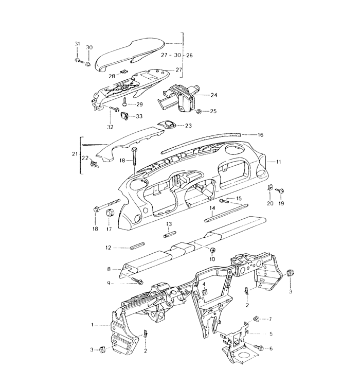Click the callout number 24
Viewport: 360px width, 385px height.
[x=214, y=95]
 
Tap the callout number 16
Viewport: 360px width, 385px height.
[x=260, y=135]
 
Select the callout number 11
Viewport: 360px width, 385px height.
[x=278, y=162]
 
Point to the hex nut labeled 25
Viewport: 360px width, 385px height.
[x=199, y=111]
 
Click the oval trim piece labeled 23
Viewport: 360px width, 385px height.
[x=167, y=124]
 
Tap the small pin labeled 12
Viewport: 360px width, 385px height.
[x=137, y=246]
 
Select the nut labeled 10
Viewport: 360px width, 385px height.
[x=212, y=250]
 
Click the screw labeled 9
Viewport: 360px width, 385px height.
[x=137, y=281]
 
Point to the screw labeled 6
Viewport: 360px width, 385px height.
[x=259, y=347]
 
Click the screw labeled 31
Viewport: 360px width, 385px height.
[x=79, y=60]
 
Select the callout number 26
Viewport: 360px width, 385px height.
[x=189, y=55]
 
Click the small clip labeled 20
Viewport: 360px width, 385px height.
[x=269, y=188]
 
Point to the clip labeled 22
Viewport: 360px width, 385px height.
[x=94, y=163]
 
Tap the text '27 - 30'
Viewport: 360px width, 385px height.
[x=171, y=55]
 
